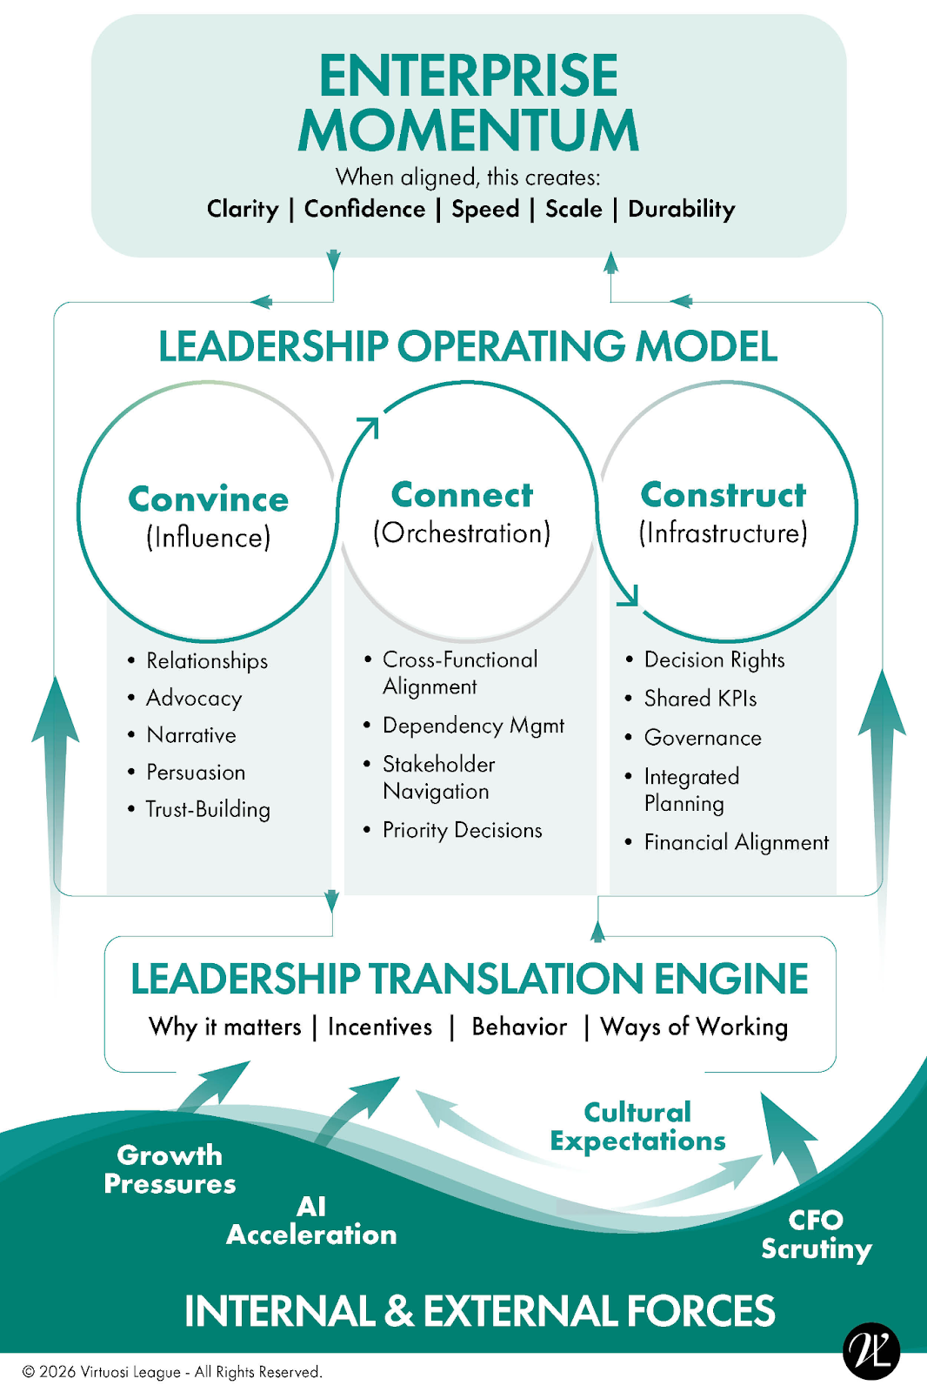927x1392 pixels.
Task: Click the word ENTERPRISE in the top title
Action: (x=468, y=77)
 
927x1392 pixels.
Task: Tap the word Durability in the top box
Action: (x=681, y=209)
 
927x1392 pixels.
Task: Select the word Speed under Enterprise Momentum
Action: (x=485, y=209)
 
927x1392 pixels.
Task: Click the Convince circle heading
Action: (x=209, y=499)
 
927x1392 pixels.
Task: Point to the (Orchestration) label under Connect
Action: (x=462, y=532)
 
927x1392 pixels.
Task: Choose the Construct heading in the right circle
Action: (x=724, y=494)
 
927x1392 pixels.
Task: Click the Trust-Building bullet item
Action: (x=208, y=809)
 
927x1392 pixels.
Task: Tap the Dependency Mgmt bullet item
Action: (x=473, y=726)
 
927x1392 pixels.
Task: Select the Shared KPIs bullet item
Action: (x=700, y=699)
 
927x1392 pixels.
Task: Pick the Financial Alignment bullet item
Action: (x=736, y=842)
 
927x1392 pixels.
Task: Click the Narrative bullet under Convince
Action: (x=191, y=735)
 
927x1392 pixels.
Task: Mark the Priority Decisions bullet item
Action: (x=462, y=830)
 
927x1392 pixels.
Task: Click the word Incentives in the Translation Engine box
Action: (x=380, y=1027)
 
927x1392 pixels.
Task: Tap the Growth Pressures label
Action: (x=170, y=1169)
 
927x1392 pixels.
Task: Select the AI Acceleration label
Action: (x=311, y=1221)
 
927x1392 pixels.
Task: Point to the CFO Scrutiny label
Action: (x=816, y=1234)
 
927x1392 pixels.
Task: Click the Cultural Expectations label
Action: (x=637, y=1127)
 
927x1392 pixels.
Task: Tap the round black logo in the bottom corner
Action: (x=871, y=1351)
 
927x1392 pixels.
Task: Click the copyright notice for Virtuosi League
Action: (x=172, y=1372)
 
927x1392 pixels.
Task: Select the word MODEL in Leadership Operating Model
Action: (x=706, y=346)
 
